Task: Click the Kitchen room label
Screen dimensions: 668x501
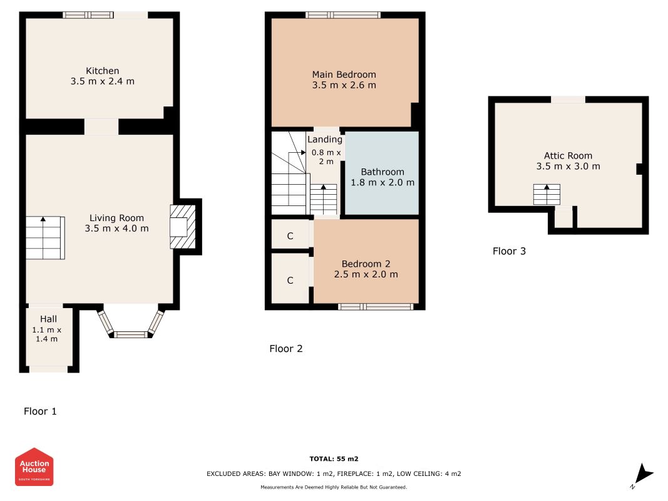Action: point(102,71)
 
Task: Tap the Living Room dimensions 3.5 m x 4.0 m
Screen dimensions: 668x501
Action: point(116,229)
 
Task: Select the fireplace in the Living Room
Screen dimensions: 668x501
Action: point(183,227)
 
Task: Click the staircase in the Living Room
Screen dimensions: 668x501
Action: point(45,238)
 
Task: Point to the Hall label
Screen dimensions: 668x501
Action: point(49,319)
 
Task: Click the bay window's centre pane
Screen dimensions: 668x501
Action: point(130,334)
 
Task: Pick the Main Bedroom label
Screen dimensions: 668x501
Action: point(344,75)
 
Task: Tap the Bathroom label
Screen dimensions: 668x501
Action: point(383,172)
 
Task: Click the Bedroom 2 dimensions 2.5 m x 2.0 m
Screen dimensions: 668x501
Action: point(366,274)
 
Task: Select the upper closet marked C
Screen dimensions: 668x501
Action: point(290,235)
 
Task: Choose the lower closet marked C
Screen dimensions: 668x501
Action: point(290,280)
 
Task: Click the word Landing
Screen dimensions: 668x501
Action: point(325,139)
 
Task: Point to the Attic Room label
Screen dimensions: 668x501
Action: point(568,156)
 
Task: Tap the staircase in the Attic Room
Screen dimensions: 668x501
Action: point(547,194)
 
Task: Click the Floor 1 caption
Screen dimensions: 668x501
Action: point(40,411)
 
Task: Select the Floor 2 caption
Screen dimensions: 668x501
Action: point(286,348)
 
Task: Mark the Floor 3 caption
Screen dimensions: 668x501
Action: point(509,251)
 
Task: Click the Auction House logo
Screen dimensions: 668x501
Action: point(34,467)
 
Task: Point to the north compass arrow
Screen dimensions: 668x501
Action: point(644,473)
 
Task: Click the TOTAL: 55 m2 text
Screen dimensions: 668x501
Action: point(334,459)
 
